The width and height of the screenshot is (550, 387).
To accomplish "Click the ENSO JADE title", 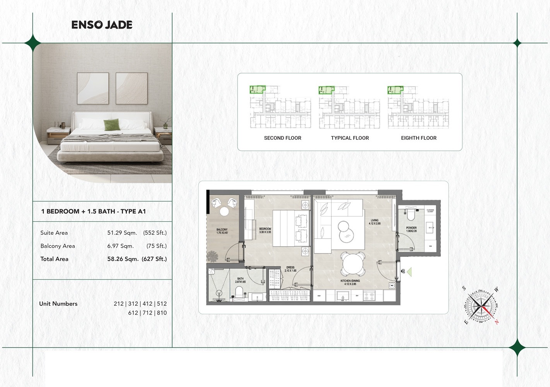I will pyautogui.click(x=102, y=25).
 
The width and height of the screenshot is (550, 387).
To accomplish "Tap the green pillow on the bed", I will pyautogui.click(x=111, y=125).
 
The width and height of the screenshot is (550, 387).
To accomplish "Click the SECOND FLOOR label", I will pyautogui.click(x=282, y=138).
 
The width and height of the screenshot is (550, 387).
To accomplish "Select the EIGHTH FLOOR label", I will pyautogui.click(x=418, y=138).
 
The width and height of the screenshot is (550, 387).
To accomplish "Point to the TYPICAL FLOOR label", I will pyautogui.click(x=350, y=138).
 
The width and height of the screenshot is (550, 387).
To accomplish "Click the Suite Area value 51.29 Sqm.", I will pyautogui.click(x=122, y=233).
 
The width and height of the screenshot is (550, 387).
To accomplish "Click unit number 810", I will pyautogui.click(x=162, y=313).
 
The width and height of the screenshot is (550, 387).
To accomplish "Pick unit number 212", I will pyautogui.click(x=118, y=304).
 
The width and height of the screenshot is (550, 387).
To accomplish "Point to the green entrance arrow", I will pyautogui.click(x=409, y=272).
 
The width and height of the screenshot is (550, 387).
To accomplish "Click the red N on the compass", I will pyautogui.click(x=497, y=321).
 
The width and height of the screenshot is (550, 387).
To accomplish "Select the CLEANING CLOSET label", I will pyautogui.click(x=430, y=211).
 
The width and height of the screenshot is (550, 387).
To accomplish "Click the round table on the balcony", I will pyautogui.click(x=224, y=211).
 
